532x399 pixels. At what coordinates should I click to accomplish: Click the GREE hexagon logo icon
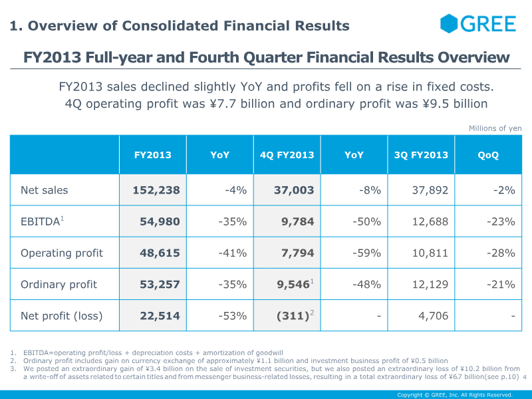click(x=450, y=24)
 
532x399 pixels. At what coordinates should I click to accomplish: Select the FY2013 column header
click(x=153, y=155)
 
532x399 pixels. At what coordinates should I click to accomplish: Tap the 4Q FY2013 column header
click(x=287, y=155)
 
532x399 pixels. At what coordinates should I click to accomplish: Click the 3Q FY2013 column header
click(x=422, y=155)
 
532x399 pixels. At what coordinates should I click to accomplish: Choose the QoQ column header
click(x=488, y=155)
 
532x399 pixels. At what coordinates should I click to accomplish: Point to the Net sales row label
click(x=45, y=190)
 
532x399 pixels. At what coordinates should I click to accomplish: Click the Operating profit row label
click(x=62, y=253)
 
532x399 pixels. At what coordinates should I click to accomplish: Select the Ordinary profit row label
click(x=59, y=285)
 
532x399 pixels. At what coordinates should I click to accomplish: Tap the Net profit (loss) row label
click(x=62, y=316)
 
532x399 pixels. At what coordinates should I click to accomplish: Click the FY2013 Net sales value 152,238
click(x=156, y=190)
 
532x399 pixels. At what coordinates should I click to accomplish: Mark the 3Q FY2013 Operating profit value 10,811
click(x=430, y=253)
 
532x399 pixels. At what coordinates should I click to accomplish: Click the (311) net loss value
click(x=291, y=316)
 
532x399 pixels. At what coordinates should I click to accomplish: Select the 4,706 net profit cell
click(x=433, y=316)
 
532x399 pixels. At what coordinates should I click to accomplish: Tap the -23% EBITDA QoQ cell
click(x=501, y=221)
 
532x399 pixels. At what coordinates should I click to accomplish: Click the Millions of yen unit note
click(x=495, y=128)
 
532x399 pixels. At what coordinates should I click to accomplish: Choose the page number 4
click(x=525, y=378)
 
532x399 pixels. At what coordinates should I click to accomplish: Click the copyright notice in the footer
click(x=455, y=394)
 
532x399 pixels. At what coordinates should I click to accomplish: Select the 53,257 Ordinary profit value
click(x=160, y=285)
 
